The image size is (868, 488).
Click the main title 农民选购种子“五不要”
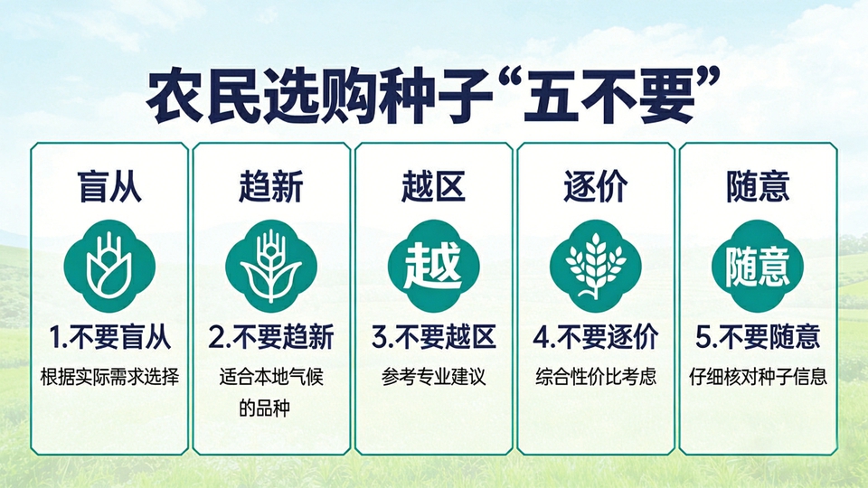[x=433, y=95]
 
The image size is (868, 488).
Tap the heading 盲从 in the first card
[x=109, y=186]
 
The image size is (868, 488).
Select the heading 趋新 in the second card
[x=271, y=186]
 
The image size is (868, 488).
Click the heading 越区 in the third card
[x=433, y=186]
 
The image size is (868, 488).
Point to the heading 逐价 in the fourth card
[x=596, y=186]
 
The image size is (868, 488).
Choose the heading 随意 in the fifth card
[x=758, y=186]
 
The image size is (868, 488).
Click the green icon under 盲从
[x=109, y=266]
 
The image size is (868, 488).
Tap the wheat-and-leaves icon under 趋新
[x=271, y=266]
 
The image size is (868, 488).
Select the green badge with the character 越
[x=433, y=266]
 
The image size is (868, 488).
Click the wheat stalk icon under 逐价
[x=596, y=266]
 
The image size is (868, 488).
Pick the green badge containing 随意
[x=758, y=266]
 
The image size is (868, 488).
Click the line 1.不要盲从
[x=109, y=337]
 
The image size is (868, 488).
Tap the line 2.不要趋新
[x=271, y=337]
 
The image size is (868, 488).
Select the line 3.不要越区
[x=433, y=337]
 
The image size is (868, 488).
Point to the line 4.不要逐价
[x=596, y=337]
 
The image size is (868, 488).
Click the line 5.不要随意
[x=758, y=337]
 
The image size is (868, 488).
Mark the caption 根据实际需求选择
[x=109, y=378]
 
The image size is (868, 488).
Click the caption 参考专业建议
[x=433, y=378]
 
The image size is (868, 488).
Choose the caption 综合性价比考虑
[x=596, y=378]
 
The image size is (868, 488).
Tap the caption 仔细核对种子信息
[x=758, y=378]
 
